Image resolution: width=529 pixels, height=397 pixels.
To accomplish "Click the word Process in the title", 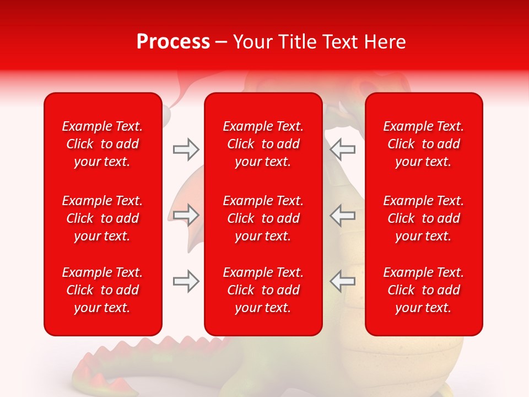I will (173, 42).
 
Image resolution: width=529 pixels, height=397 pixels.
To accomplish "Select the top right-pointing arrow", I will (186, 149).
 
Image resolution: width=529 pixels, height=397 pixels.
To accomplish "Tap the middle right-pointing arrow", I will (186, 215).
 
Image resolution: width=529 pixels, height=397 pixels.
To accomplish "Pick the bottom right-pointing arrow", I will (186, 281).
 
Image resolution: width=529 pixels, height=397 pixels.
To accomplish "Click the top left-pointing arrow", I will (342, 149).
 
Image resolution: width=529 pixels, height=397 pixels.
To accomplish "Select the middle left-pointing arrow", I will (342, 215).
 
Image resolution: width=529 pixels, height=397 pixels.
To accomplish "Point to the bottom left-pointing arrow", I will (342, 281).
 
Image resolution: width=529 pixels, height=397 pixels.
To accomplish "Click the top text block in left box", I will (102, 144).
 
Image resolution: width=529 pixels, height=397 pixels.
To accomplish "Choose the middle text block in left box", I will (102, 218).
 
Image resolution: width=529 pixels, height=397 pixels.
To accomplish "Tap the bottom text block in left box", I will (102, 290).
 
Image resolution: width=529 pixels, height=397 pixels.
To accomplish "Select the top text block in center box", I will (263, 144).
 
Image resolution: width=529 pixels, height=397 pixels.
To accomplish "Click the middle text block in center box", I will (263, 218).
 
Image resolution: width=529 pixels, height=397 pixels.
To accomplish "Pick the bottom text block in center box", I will (263, 290).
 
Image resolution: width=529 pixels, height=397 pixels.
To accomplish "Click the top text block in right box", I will (423, 144).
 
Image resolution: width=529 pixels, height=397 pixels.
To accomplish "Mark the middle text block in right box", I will (423, 218).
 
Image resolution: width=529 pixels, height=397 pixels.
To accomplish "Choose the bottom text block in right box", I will (423, 290).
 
